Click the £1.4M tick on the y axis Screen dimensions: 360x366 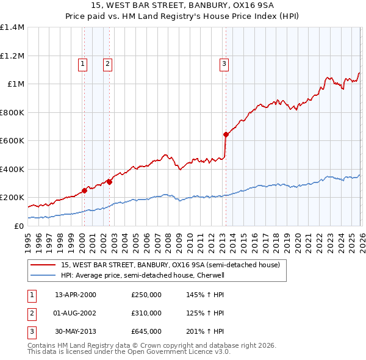[12, 27]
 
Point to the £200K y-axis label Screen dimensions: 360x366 [12, 198]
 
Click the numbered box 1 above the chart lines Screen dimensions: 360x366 [82, 63]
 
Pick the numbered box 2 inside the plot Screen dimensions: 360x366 [107, 63]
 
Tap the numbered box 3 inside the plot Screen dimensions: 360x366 [224, 63]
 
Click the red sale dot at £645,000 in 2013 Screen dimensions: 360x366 [226, 134]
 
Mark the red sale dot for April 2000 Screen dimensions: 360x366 [85, 190]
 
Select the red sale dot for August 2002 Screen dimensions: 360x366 [110, 181]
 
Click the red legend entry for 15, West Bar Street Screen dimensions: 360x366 [170, 265]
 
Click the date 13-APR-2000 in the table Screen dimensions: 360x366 [76, 295]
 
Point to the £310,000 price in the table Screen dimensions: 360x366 [146, 313]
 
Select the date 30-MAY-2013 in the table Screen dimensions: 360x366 [76, 331]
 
